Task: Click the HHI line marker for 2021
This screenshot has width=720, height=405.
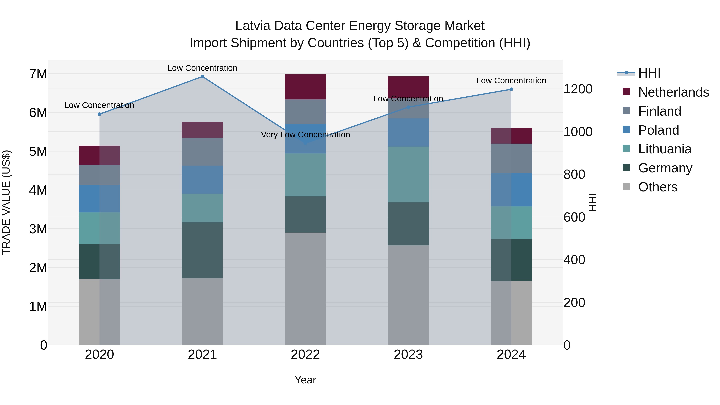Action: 202,77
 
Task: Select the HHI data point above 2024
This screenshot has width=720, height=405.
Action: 511,89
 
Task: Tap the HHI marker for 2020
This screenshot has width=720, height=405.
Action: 100,114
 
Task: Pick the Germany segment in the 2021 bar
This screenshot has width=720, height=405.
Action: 202,250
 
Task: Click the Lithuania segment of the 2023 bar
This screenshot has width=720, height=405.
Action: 408,174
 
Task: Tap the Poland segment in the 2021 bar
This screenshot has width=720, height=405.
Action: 202,179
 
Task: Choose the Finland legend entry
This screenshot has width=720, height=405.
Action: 660,111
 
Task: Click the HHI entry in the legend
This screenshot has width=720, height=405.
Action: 649,73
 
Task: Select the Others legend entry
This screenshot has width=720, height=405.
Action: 658,187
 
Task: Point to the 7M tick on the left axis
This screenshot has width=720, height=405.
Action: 38,74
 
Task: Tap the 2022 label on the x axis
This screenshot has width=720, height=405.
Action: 305,355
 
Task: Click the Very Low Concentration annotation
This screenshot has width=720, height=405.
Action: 305,135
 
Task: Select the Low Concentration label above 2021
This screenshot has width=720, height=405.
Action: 202,68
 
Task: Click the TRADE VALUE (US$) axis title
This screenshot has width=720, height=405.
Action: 6,202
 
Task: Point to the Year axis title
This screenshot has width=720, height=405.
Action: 305,380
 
